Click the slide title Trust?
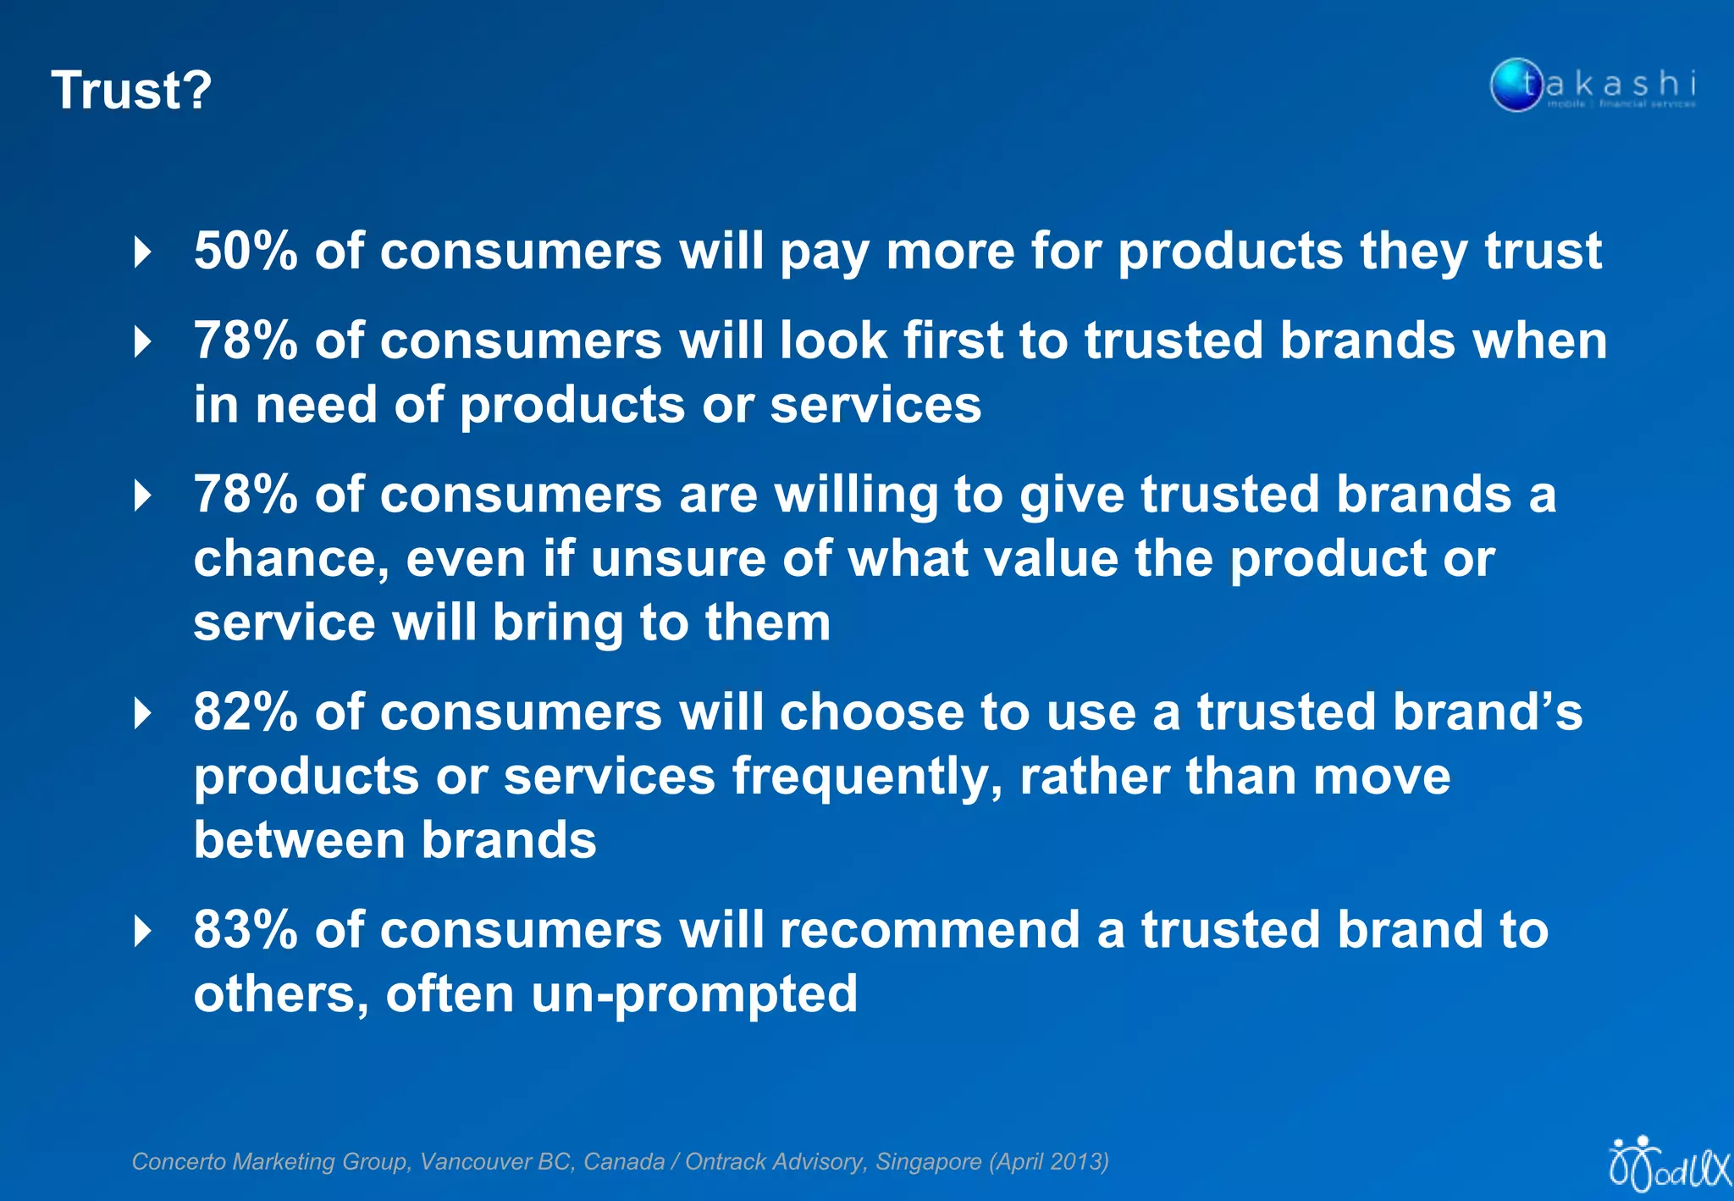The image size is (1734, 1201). [131, 90]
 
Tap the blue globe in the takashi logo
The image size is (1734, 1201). [1516, 85]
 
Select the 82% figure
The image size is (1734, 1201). [246, 711]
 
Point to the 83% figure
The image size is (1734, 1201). [246, 929]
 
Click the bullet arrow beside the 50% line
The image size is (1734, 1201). [143, 252]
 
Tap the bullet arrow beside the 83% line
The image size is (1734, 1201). [143, 931]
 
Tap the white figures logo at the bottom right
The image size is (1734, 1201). [1668, 1164]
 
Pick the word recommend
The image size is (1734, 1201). [930, 929]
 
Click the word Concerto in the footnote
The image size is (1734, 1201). [177, 1161]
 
